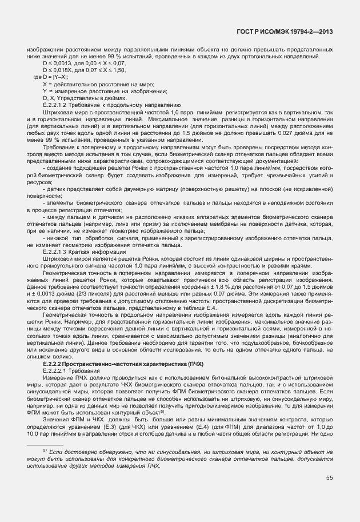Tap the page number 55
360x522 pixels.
click(330, 478)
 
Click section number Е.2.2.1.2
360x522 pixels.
click(55, 105)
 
